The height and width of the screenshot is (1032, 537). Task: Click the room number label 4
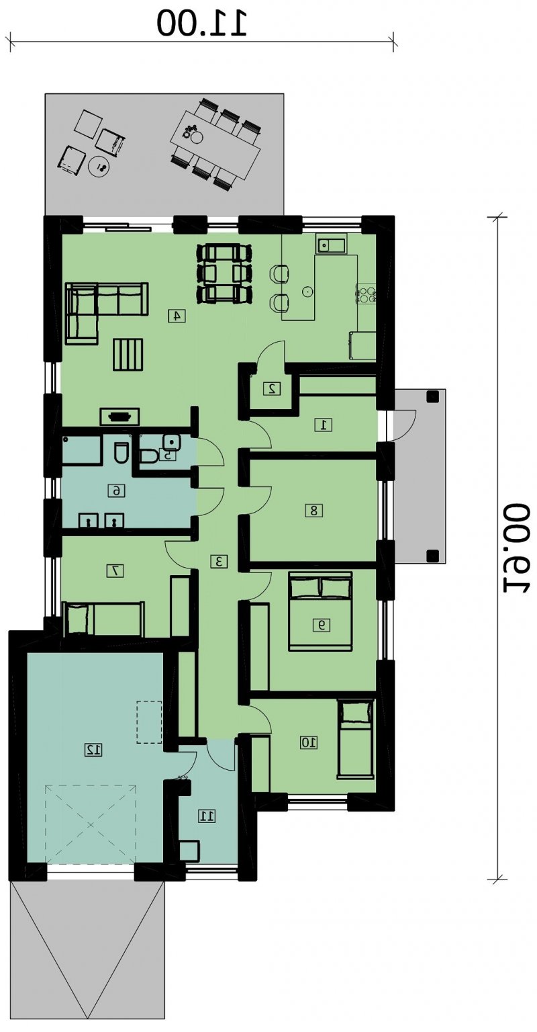click(x=177, y=316)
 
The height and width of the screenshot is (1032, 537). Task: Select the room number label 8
click(x=314, y=511)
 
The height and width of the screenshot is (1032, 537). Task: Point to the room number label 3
click(x=219, y=561)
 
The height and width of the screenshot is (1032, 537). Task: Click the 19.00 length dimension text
click(x=514, y=548)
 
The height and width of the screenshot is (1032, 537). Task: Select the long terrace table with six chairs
click(x=215, y=144)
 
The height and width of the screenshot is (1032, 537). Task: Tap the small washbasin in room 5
click(x=171, y=442)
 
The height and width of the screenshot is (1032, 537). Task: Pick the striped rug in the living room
click(x=128, y=354)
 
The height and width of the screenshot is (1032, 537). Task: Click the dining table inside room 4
click(x=225, y=273)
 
